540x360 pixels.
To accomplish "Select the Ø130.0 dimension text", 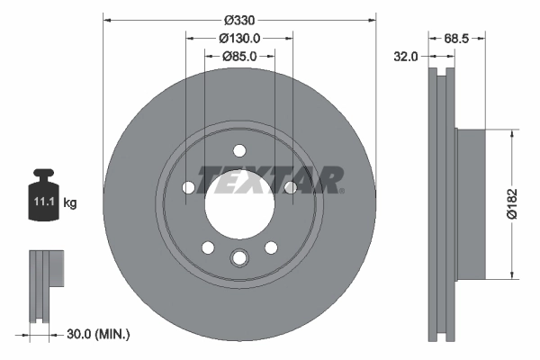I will [x=239, y=38].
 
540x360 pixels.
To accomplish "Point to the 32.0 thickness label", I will [x=407, y=56].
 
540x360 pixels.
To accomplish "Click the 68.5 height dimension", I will [x=458, y=38].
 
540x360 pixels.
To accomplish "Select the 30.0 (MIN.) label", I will [x=99, y=334].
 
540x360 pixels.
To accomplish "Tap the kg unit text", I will [x=70, y=203].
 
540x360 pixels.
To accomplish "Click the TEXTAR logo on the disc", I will [x=270, y=179].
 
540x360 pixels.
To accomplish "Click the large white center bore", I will [x=238, y=203].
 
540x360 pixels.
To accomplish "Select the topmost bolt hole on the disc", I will [x=238, y=151].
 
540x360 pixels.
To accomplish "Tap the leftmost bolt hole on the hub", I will [x=188, y=187].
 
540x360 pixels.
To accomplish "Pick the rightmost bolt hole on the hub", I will [x=290, y=187].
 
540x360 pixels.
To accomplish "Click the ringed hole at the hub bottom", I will [x=238, y=258].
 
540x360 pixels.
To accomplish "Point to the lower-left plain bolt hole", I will [x=207, y=247].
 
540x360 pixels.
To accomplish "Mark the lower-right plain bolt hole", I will [x=270, y=247].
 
